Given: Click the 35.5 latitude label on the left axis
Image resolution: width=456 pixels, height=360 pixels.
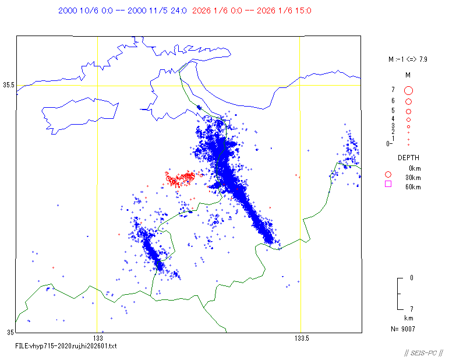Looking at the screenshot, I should pos(8,85).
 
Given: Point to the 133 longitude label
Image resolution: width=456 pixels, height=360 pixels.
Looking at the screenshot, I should pos(98,338).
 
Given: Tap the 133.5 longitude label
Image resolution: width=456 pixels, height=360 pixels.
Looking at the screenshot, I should pos(302,338).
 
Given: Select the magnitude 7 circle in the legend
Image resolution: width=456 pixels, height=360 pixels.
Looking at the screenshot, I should pos(408,90).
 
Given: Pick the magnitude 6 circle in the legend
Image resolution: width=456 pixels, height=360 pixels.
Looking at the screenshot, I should pos(408,101).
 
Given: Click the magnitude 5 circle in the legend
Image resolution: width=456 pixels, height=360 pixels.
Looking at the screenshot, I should pos(408,111).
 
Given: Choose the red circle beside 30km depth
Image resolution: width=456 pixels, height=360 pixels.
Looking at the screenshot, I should pos(388,174).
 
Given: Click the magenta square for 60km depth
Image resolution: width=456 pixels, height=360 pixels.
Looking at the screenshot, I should pos(388,185).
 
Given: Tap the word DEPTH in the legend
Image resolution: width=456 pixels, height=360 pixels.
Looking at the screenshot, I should pos(408,158).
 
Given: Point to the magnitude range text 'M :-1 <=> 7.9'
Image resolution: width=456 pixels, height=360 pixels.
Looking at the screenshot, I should pos(408,59).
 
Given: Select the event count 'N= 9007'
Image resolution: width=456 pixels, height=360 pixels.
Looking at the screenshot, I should pos(404,329).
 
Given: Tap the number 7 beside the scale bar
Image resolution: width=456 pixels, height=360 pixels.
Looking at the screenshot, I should pos(412,309).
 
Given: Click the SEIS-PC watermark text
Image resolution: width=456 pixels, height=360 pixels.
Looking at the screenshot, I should pos(423,353).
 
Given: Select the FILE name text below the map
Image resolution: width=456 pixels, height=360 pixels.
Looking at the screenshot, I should pos(66,346).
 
